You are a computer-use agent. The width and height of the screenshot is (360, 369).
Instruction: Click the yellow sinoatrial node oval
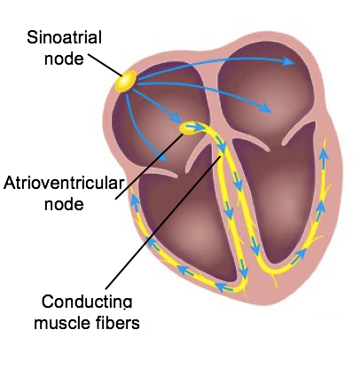coord(126,82)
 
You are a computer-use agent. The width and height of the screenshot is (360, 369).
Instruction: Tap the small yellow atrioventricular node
coord(189,129)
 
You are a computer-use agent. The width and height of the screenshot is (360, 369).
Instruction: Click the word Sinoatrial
coord(64,37)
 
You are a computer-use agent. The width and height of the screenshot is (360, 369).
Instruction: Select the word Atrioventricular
coord(63,183)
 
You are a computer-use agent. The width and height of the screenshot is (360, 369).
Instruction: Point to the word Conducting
coord(87,302)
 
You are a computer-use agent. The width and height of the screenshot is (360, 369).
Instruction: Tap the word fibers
coord(118,323)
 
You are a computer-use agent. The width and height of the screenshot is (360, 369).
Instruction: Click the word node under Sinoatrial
coord(64,59)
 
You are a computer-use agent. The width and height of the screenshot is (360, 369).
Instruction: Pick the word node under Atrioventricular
coord(64,204)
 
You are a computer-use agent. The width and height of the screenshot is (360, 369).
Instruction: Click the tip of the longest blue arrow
coord(293,63)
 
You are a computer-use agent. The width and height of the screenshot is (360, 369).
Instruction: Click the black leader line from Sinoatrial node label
coord(105,65)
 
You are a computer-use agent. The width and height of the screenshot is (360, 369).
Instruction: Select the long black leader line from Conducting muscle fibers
coord(163,223)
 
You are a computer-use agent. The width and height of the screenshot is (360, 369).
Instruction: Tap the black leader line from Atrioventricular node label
coord(149,167)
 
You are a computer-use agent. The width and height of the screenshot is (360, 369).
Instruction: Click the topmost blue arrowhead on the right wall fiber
coord(324,153)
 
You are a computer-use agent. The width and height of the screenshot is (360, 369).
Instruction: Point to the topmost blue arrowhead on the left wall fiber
coord(135,200)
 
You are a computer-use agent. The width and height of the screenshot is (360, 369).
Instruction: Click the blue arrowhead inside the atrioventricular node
coord(198,127)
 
